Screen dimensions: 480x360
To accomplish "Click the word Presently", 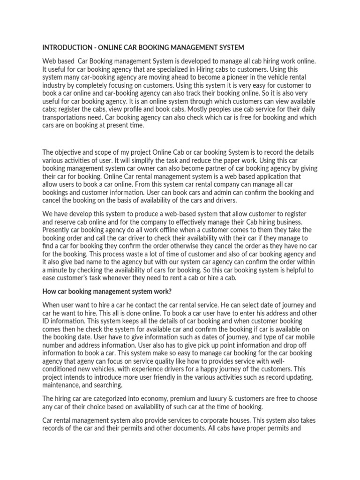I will point(59,230).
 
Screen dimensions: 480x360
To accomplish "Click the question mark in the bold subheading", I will point(171,291).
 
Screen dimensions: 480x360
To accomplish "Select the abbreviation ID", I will point(47,320).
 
